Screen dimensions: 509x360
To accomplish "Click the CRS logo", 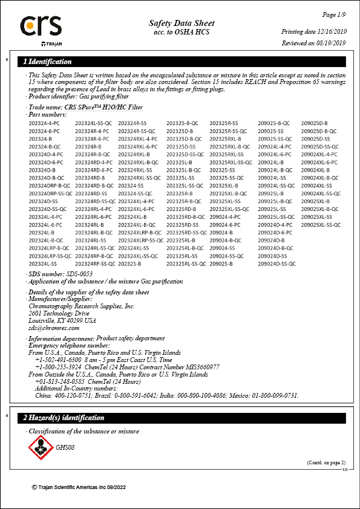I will (x=41, y=27).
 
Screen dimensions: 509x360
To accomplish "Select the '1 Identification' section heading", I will (x=47, y=61).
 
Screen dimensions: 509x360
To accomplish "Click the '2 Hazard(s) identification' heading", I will (x=64, y=418).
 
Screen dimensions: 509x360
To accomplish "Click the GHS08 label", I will (x=65, y=448).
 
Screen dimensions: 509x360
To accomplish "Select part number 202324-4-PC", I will (x=44, y=123).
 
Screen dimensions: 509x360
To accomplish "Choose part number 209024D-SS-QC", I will (x=277, y=264).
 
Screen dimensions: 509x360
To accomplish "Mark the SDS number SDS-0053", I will (x=72, y=274).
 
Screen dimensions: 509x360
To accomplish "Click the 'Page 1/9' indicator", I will (x=333, y=15).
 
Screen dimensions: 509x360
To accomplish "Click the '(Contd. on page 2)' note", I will (x=325, y=462).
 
